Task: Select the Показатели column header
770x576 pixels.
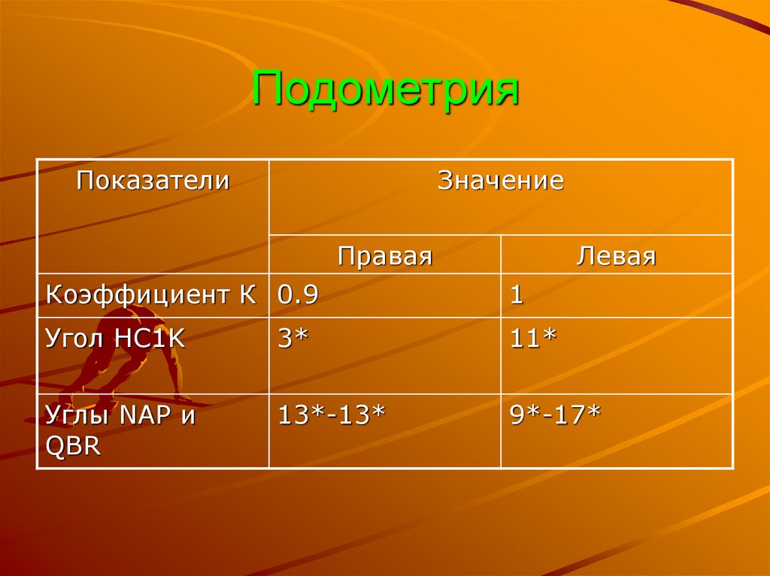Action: [x=153, y=181]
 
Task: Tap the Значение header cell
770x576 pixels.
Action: [x=501, y=181]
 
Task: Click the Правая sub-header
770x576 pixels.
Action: [x=385, y=256]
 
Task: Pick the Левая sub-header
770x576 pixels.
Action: [x=616, y=256]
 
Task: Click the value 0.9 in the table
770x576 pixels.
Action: [x=299, y=294]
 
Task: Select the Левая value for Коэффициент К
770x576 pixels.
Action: [x=517, y=294]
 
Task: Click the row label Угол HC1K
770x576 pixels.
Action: [x=115, y=339]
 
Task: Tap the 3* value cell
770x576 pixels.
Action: [x=293, y=339]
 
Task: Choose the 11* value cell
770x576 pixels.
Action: [x=533, y=339]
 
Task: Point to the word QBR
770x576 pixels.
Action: [x=72, y=445]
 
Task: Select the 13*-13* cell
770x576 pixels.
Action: [x=332, y=415]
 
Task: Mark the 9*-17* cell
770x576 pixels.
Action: [x=555, y=415]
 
